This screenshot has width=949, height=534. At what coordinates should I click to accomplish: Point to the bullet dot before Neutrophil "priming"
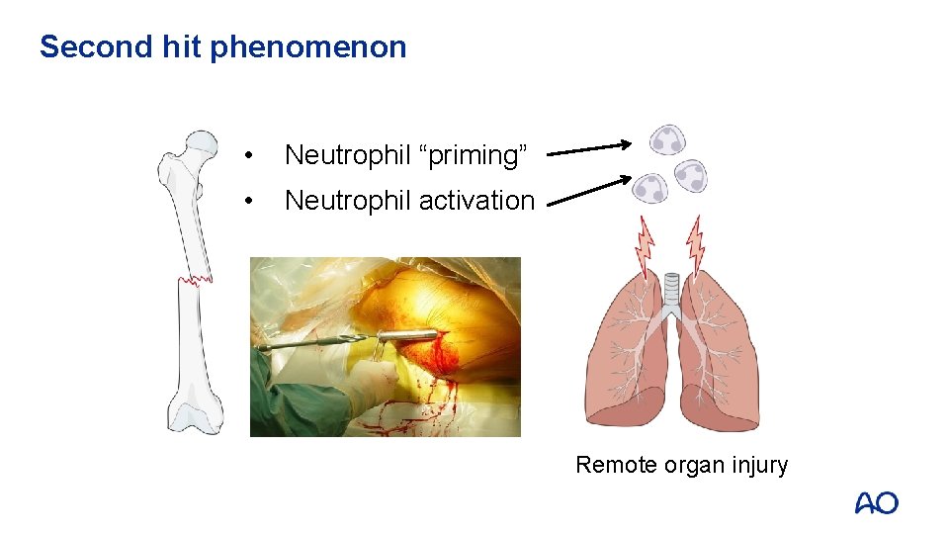[253, 156]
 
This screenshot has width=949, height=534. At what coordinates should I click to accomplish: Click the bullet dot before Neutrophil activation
[253, 202]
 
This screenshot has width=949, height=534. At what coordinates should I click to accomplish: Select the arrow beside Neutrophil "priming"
[589, 149]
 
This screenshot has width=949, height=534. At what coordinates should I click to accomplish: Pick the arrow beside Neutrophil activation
[589, 191]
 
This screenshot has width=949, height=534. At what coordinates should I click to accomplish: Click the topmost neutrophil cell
[667, 140]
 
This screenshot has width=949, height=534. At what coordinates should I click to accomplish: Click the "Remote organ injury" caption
[681, 465]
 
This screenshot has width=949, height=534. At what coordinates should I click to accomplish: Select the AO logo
[876, 503]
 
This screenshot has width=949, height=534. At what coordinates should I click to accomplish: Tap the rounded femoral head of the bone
[202, 144]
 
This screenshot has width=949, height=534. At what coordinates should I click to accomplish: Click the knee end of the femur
[194, 410]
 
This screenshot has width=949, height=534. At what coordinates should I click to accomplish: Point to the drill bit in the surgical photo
[316, 344]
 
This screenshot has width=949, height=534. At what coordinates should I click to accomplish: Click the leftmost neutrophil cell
[650, 187]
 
